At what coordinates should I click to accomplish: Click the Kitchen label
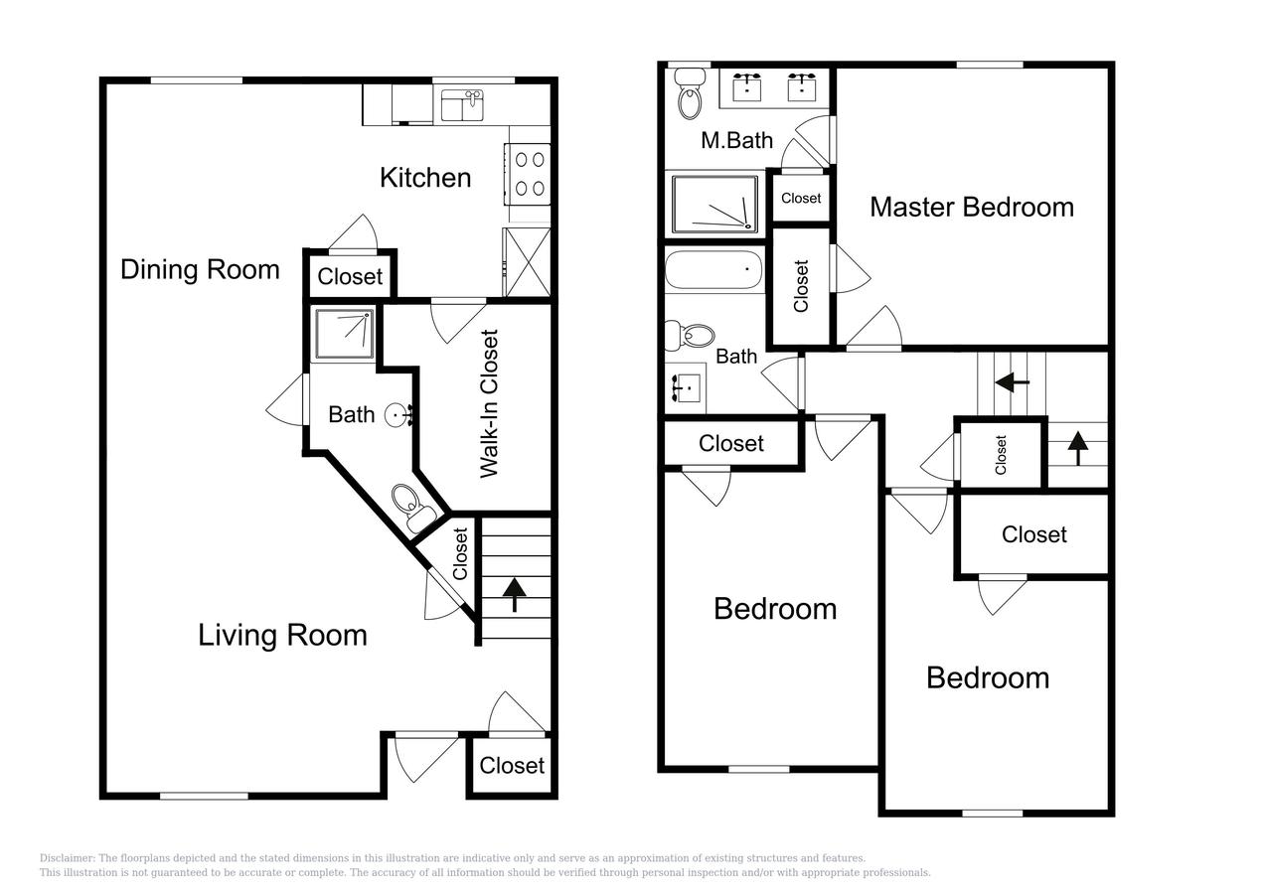425,178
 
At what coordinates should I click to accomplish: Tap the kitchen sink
462,104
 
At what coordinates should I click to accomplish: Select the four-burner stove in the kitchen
529,173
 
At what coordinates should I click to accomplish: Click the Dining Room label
200,269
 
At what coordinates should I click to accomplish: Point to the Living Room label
282,635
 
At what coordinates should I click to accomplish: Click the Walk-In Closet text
489,403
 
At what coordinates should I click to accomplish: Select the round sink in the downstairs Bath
398,413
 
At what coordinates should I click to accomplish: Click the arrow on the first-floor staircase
515,594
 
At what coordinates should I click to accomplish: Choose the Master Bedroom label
971,207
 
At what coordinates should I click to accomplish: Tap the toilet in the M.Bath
689,94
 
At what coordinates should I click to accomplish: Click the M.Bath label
736,140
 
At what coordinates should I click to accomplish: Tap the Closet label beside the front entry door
512,765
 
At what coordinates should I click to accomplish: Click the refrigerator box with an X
527,261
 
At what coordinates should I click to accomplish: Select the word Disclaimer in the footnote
66,858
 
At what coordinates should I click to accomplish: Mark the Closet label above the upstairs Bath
801,198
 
